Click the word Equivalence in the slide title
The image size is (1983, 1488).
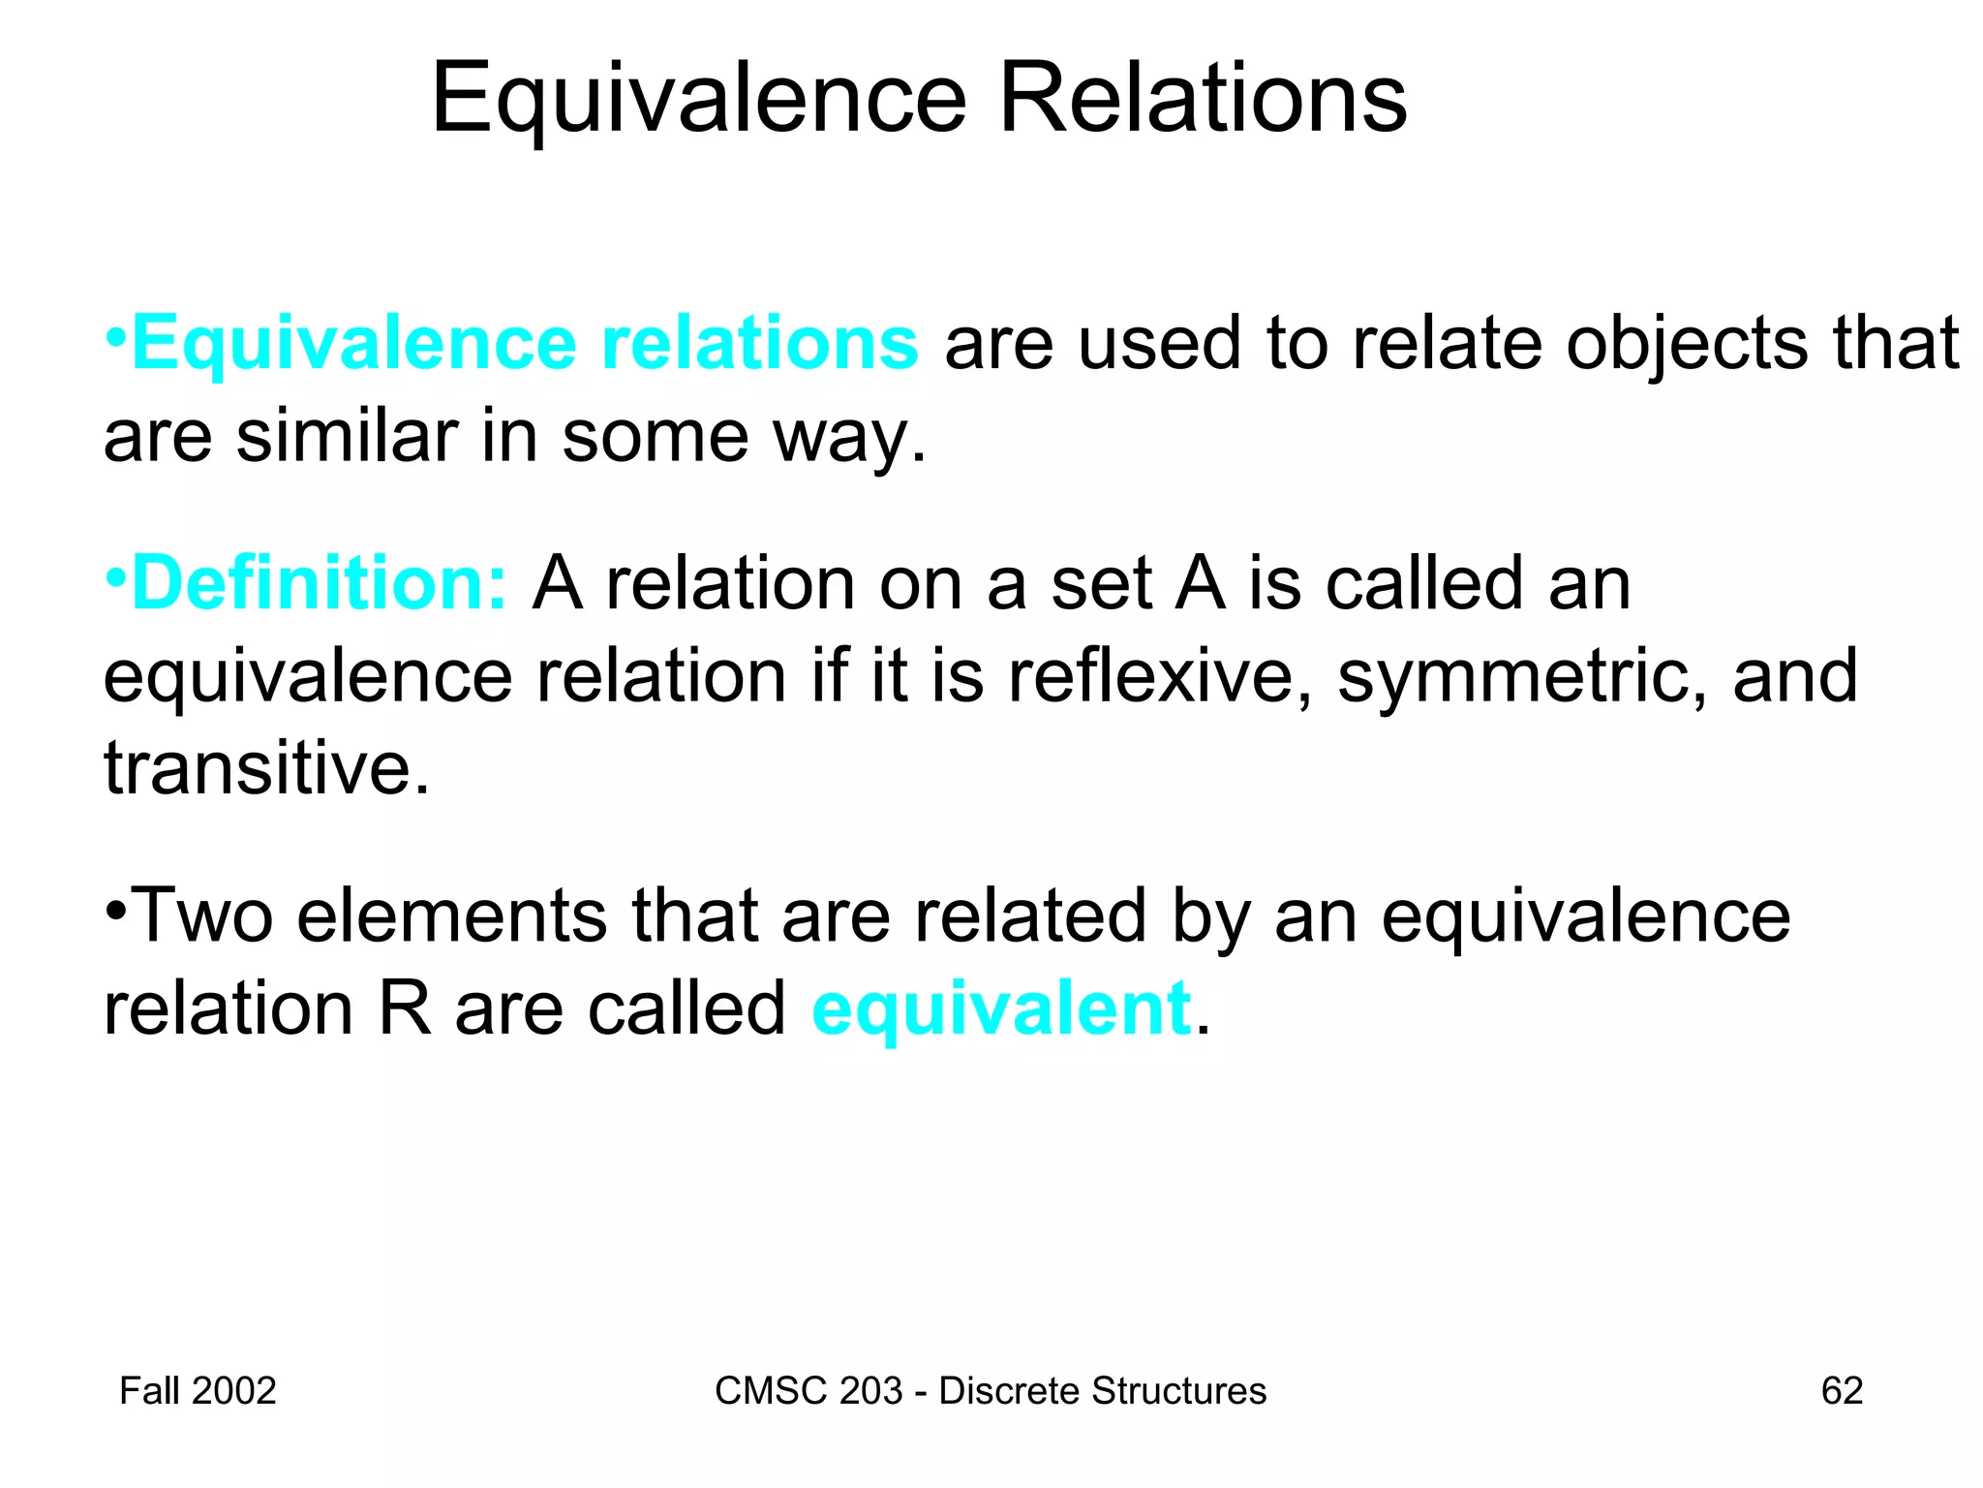(698, 100)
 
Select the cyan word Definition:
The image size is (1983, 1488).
(319, 583)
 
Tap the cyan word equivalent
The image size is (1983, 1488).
(1001, 1009)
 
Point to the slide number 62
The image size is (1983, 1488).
(1842, 1391)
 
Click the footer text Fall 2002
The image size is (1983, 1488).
(198, 1391)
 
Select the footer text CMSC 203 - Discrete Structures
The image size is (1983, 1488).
(990, 1391)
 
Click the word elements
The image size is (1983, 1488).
(452, 915)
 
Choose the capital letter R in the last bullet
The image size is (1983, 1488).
(404, 1009)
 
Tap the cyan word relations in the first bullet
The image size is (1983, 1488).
(759, 344)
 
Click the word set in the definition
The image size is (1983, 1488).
(1101, 583)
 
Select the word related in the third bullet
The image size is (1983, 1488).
(1030, 915)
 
